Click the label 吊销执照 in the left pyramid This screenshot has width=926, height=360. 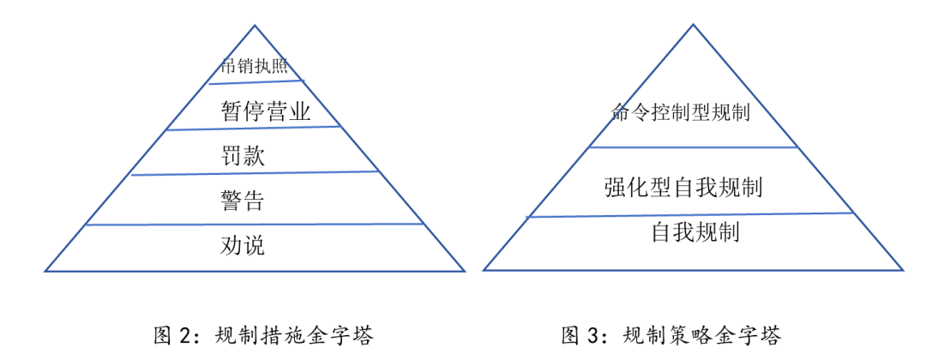(x=255, y=67)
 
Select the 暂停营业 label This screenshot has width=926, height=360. (x=265, y=111)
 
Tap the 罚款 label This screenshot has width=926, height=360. (x=243, y=155)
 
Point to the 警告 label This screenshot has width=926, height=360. (x=243, y=201)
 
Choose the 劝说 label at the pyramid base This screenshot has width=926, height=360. (x=243, y=246)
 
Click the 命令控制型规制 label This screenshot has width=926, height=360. (x=681, y=112)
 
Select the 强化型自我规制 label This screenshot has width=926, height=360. (x=683, y=186)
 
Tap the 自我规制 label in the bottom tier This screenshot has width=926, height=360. (x=695, y=231)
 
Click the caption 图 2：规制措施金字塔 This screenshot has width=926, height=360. (x=263, y=334)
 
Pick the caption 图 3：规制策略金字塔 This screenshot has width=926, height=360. (x=671, y=334)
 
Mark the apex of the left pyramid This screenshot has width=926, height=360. (x=255, y=26)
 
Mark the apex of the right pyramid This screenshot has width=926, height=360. (x=693, y=26)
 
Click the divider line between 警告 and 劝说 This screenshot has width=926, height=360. (x=255, y=225)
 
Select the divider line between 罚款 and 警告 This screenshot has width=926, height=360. (x=255, y=173)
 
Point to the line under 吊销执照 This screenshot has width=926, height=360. (x=256, y=82)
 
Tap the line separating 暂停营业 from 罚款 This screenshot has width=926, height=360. (x=255, y=129)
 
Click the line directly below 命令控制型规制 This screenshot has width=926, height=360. (x=693, y=147)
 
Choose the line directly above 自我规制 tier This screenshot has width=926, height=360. (x=693, y=214)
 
